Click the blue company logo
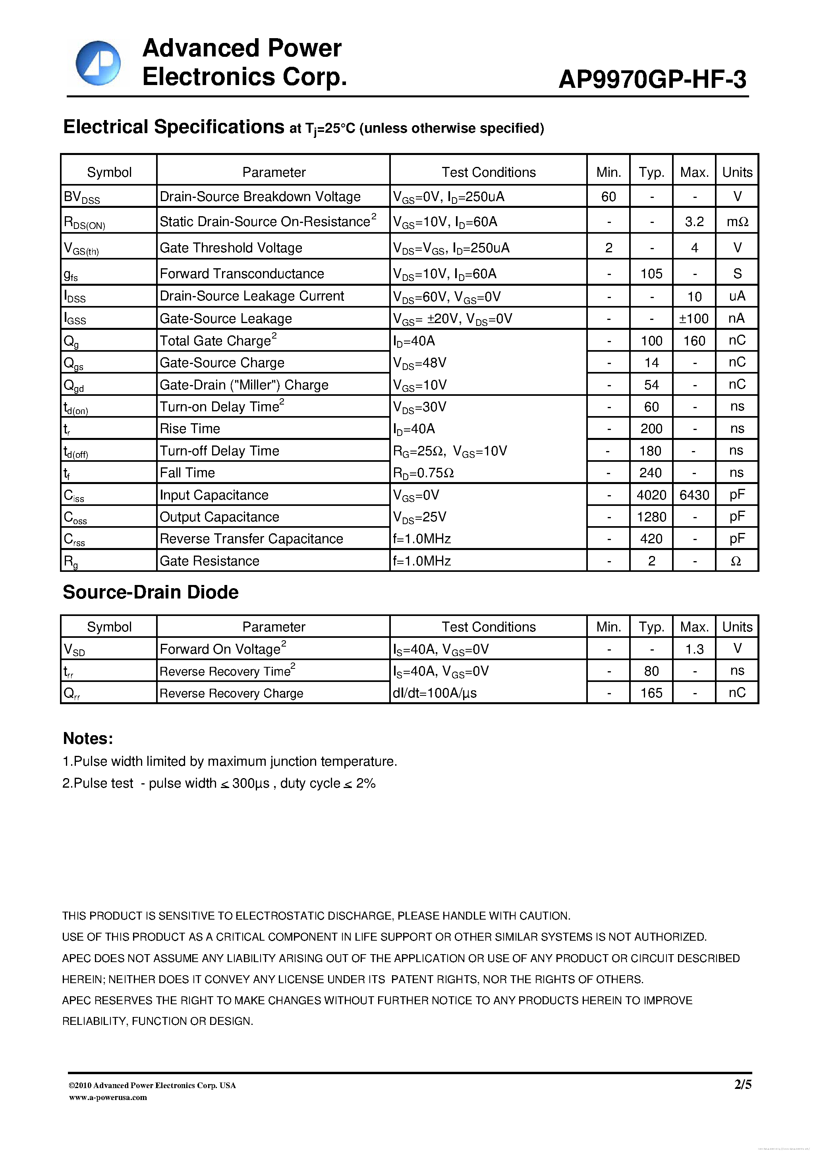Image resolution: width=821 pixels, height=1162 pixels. [98, 63]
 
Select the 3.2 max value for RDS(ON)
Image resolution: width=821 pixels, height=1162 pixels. [694, 222]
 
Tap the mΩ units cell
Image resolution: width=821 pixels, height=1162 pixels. [737, 222]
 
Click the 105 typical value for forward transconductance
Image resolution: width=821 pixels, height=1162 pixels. [651, 274]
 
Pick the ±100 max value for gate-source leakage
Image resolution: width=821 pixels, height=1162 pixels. [694, 318]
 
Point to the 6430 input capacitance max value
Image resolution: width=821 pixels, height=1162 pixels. [694, 494]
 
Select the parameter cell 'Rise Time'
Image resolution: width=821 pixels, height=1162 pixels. [190, 429]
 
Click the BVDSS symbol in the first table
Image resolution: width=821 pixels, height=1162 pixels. [82, 197]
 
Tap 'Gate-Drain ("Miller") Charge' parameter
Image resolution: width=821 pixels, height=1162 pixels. [244, 385]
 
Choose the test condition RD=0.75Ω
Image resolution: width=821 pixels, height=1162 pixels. [423, 473]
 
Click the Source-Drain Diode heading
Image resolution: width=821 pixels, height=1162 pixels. [150, 592]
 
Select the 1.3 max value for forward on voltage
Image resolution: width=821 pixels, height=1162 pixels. [694, 649]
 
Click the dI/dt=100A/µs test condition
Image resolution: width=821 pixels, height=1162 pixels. [435, 693]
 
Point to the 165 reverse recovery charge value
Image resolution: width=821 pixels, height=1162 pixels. [651, 693]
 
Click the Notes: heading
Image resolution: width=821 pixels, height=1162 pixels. [87, 738]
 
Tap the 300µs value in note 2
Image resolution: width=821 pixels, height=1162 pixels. [250, 783]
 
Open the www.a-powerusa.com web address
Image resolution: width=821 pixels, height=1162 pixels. [108, 1097]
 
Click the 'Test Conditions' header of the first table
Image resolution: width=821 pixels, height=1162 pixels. [488, 172]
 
